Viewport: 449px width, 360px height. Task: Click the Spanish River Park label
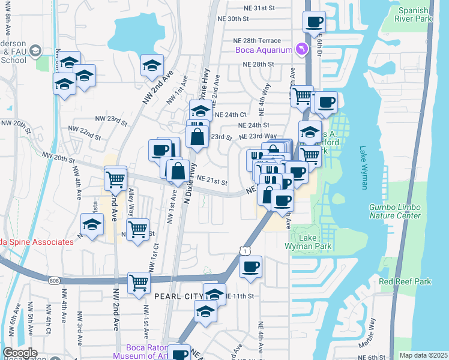pyautogui.click(x=415, y=14)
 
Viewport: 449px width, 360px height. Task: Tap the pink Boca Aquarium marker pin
pyautogui.click(x=302, y=49)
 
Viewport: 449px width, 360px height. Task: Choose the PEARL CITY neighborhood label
pyautogui.click(x=178, y=296)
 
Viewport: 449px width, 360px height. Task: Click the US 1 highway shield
pyautogui.click(x=242, y=248)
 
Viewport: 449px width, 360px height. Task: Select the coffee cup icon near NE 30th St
pyautogui.click(x=315, y=22)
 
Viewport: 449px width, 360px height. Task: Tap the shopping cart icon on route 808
pyautogui.click(x=139, y=282)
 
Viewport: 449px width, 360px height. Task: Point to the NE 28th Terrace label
pyautogui.click(x=261, y=40)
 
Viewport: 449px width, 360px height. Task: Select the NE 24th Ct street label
pyautogui.click(x=231, y=114)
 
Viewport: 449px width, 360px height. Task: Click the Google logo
pyautogui.click(x=20, y=353)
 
